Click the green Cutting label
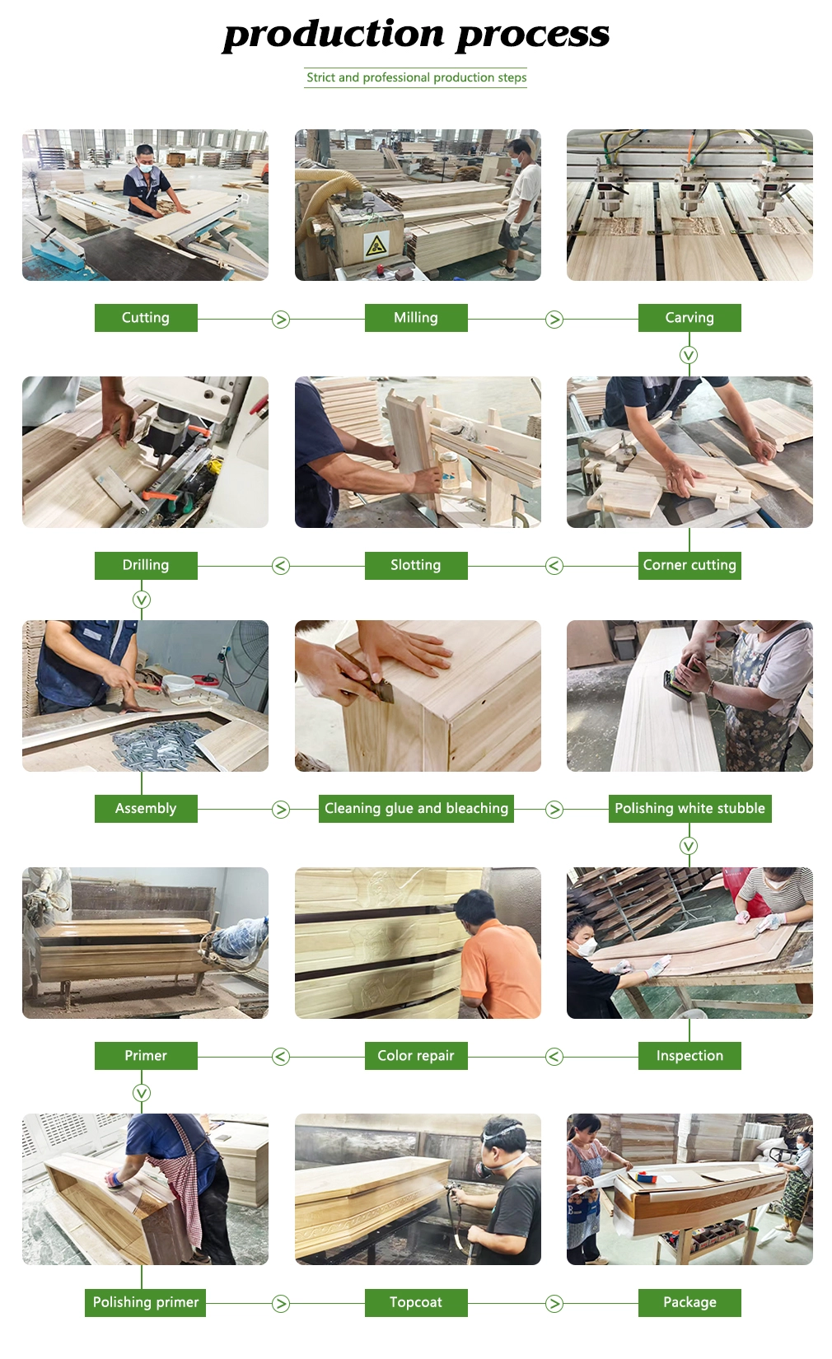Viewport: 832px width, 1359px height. [146, 317]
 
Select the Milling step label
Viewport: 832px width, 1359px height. [416, 317]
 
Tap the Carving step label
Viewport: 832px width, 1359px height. [689, 317]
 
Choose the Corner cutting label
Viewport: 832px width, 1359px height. [689, 565]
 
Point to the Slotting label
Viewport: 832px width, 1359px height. [416, 565]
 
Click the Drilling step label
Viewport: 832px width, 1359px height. [146, 565]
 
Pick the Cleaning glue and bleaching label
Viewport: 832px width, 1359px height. [416, 808]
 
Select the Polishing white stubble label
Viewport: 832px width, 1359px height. [690, 808]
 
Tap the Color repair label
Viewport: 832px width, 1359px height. [416, 1055]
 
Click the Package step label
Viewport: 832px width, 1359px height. [689, 1302]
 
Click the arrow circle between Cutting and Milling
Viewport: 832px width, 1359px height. [280, 319]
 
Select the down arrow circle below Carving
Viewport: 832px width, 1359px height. [688, 355]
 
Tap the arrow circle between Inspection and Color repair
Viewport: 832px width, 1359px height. [554, 1057]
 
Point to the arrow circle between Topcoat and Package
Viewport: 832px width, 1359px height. [554, 1303]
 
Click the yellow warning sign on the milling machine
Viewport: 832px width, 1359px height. [376, 245]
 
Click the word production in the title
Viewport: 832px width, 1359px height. [334, 35]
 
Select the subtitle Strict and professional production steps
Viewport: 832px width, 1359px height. [416, 77]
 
